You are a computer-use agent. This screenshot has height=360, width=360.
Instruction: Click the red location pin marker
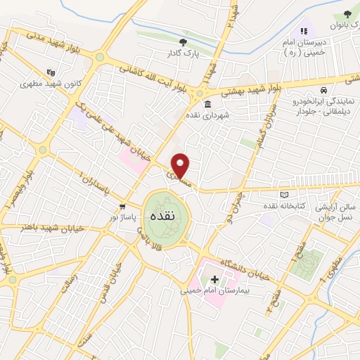pos(181,165)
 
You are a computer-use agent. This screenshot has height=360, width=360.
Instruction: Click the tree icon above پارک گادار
pos(184,42)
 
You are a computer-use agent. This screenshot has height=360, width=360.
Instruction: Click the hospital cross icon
pos(214,280)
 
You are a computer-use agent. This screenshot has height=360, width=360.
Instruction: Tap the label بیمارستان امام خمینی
pos(210,290)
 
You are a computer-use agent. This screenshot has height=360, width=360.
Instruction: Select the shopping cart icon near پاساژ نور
pos(123,207)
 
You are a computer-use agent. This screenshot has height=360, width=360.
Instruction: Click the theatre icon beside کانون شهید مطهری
pos(50,72)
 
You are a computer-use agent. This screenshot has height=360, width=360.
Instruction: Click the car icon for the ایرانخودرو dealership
pos(323,91)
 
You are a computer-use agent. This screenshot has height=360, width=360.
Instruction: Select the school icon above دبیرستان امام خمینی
pos(304,32)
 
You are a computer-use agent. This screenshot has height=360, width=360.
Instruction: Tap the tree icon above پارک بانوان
pos(347,14)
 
